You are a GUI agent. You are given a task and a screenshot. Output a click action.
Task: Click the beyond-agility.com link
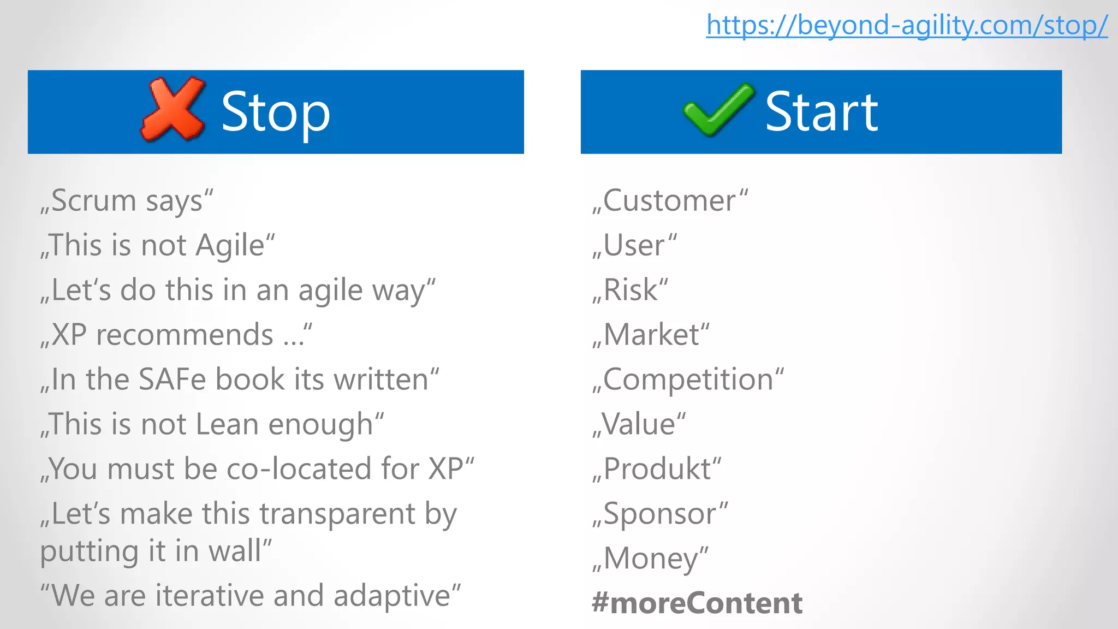tap(906, 25)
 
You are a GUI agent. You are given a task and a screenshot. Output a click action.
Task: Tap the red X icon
tap(173, 109)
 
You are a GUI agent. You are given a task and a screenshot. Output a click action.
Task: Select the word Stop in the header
tap(276, 112)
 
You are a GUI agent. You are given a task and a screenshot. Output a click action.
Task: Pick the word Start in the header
tap(822, 112)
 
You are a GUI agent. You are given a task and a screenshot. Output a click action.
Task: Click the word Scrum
tap(93, 200)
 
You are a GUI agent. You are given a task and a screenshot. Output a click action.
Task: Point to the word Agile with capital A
tap(230, 245)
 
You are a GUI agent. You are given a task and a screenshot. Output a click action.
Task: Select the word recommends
tap(185, 335)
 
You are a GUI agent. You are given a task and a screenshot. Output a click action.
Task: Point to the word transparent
tap(337, 514)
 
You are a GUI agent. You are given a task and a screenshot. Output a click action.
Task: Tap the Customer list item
tap(670, 200)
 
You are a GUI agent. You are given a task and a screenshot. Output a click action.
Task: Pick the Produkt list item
tap(657, 469)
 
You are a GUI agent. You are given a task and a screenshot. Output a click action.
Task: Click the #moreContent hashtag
tap(697, 603)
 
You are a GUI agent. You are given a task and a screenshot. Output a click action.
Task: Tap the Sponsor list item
tap(660, 514)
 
